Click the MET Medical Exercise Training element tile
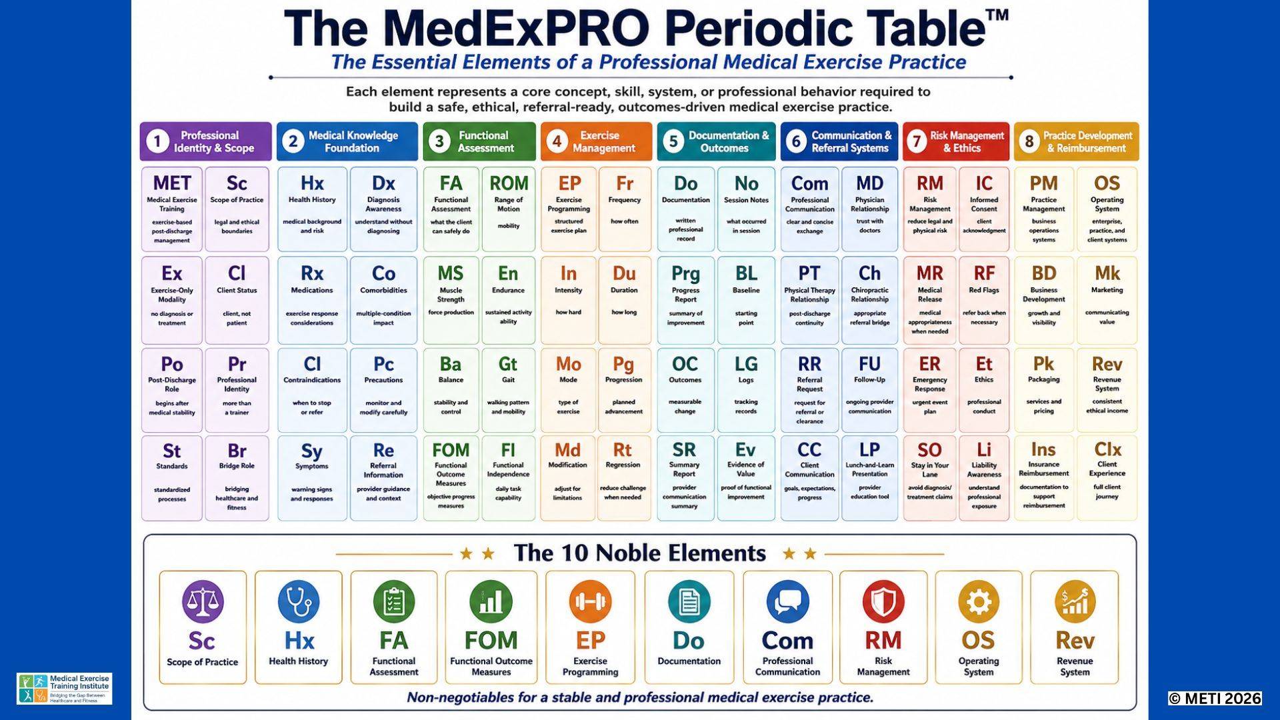coord(172,209)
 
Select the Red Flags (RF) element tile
coord(984,300)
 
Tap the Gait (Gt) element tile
coord(508,390)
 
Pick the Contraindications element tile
coord(312,390)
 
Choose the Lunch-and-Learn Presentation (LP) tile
coord(869,478)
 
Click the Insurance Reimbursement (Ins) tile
coord(1043,478)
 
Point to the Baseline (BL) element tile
coord(746,300)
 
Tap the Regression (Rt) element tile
coord(624,478)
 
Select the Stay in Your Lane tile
coord(929,478)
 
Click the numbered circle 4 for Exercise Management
coord(557,141)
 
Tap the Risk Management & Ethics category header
coord(956,141)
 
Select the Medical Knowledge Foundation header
coord(347,141)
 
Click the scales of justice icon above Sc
coord(203,601)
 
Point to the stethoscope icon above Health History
coord(299,601)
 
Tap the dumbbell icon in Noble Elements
coord(590,601)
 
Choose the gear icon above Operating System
coord(979,601)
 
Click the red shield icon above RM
coord(883,601)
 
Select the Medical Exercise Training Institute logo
coord(65,689)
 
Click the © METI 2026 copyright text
coord(1215,698)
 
